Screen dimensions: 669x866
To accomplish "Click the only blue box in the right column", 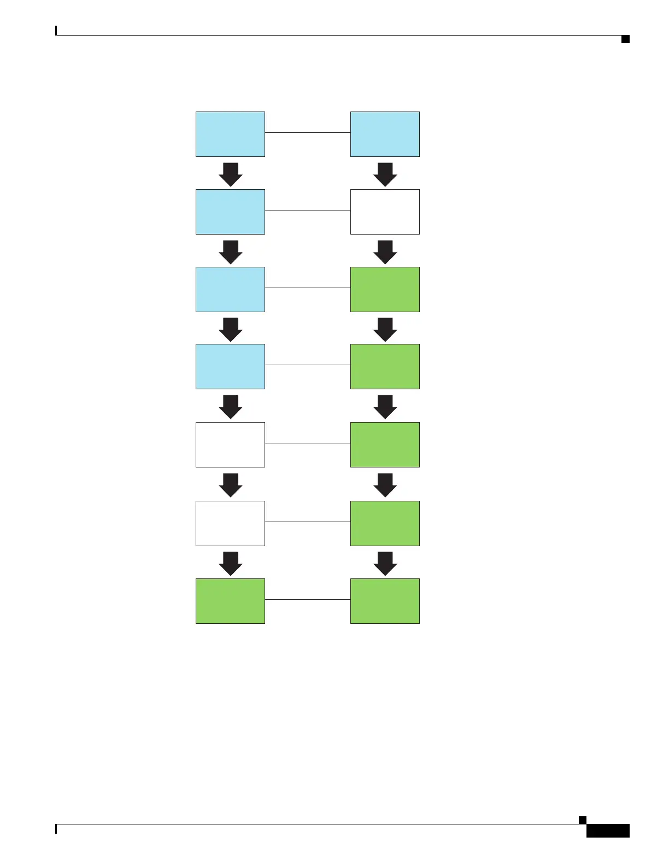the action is pos(385,134).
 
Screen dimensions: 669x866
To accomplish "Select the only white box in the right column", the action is pos(385,212).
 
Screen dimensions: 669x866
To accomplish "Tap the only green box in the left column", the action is pos(230,601).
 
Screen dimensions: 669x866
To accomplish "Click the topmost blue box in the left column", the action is pos(230,134).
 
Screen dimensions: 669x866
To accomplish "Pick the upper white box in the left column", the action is pos(230,444).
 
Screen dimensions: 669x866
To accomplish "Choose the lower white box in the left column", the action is pos(230,523).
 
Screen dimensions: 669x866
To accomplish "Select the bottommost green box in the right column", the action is pos(385,601).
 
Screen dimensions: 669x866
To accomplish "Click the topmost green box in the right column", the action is pos(385,289).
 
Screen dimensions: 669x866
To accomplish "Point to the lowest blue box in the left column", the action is pos(230,367).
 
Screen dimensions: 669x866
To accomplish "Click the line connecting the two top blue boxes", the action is pos(308,132).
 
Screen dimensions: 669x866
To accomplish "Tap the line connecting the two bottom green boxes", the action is pos(308,599).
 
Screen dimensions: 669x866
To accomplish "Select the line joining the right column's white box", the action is pos(308,210).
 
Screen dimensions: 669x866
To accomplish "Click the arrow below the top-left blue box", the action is pos(231,174).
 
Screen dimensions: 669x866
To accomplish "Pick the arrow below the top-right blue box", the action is pos(385,174).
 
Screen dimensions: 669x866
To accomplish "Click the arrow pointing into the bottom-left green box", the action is pos(231,563).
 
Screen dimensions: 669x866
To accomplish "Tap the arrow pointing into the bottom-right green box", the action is pos(385,563).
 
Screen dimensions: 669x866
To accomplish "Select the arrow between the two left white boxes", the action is pos(231,484).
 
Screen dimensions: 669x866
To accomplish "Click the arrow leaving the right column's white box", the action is pos(385,251).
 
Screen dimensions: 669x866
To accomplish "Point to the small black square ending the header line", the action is pos(625,39).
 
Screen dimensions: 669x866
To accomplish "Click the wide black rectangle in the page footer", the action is pos(608,831).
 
